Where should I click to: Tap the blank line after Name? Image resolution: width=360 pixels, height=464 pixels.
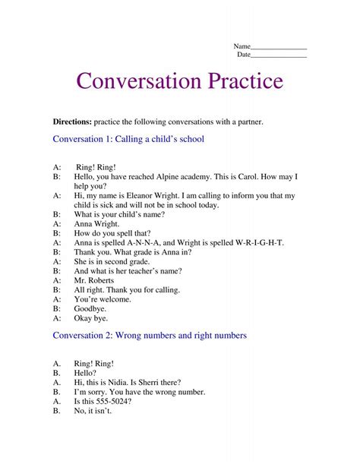pos(279,48)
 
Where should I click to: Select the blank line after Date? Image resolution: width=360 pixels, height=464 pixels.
pos(279,55)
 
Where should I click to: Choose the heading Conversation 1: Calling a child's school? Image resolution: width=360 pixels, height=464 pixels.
pos(128,140)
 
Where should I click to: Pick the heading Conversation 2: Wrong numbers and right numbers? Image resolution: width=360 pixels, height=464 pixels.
pos(149,335)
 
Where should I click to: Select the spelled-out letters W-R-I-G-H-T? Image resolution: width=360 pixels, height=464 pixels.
pos(258,242)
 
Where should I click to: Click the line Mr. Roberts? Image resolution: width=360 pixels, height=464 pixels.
pos(94,280)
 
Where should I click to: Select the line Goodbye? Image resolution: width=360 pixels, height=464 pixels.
pos(90,309)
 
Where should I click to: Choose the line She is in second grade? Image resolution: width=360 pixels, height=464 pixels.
pos(111,261)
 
